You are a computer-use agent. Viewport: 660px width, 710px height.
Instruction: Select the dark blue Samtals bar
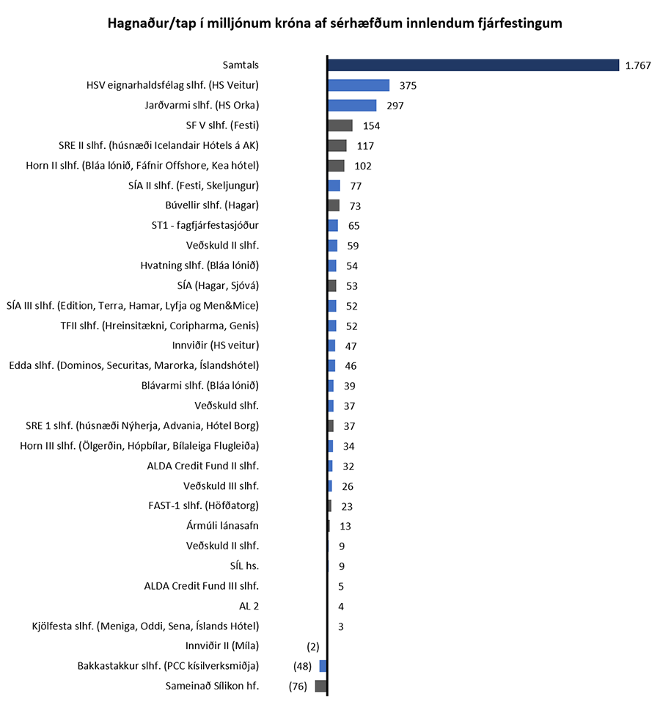coord(473,65)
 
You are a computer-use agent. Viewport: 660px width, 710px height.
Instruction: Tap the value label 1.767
coord(638,66)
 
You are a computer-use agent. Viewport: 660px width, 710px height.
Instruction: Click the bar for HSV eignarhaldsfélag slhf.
coord(358,85)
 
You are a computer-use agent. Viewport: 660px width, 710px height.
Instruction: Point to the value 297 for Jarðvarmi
coord(395,106)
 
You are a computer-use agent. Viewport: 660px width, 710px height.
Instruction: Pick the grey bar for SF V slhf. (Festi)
coord(340,125)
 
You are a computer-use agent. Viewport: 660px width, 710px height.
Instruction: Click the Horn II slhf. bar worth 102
coord(336,166)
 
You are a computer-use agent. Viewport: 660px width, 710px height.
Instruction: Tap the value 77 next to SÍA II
coord(356,186)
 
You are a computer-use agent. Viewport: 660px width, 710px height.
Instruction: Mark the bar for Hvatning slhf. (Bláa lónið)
coord(332,266)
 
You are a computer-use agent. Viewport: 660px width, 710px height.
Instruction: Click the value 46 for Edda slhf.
coord(351,366)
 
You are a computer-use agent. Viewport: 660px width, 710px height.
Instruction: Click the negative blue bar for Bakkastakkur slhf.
coord(323,666)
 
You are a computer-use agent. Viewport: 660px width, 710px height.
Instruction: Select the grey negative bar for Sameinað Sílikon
coord(320,686)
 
